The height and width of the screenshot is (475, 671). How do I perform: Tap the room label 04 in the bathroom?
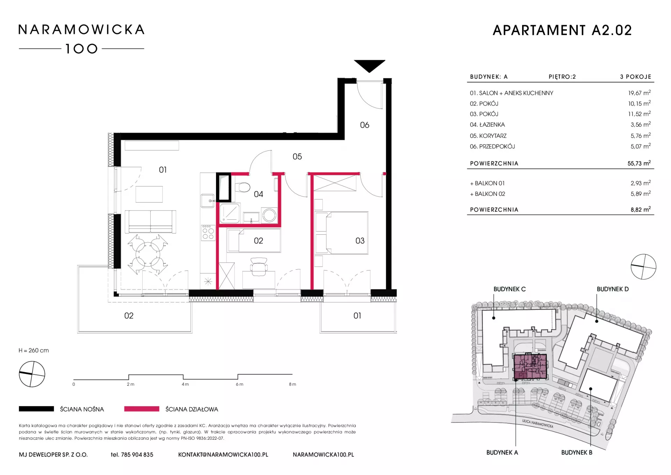click(258, 194)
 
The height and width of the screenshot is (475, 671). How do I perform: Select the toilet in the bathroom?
click(243, 187)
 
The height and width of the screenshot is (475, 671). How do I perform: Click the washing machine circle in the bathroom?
click(269, 215)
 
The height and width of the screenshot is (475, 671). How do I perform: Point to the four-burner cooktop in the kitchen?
click(208, 233)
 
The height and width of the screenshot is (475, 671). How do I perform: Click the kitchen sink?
click(208, 201)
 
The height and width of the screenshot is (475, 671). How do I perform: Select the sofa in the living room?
click(151, 221)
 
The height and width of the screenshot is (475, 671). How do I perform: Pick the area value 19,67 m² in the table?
click(639, 93)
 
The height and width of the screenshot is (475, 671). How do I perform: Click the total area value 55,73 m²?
click(639, 163)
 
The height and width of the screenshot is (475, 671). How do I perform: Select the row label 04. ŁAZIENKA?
click(487, 125)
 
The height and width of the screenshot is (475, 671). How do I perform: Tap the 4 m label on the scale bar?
click(185, 384)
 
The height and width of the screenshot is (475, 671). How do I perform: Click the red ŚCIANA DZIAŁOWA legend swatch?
click(142, 409)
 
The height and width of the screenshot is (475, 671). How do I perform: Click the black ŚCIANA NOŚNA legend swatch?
click(36, 409)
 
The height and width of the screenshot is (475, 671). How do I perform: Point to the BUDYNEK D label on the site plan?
click(613, 289)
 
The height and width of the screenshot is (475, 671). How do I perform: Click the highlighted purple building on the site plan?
click(530, 367)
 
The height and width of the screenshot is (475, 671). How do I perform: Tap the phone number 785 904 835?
click(137, 455)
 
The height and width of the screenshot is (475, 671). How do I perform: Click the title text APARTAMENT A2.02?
click(562, 30)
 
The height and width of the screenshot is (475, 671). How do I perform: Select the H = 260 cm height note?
click(34, 350)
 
